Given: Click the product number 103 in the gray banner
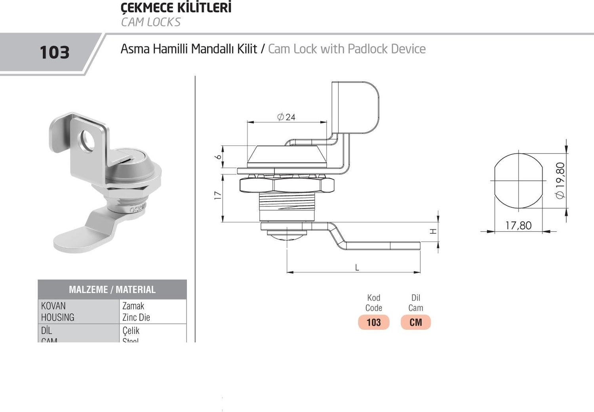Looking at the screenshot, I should pyautogui.click(x=55, y=52).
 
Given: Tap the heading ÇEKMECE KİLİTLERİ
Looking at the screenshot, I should pyautogui.click(x=176, y=8).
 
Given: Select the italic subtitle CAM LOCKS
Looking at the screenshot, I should pyautogui.click(x=150, y=22).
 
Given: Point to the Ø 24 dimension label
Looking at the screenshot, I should pyautogui.click(x=286, y=117).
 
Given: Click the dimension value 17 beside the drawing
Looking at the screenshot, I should pyautogui.click(x=217, y=195).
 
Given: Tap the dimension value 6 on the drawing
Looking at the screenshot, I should pyautogui.click(x=217, y=157).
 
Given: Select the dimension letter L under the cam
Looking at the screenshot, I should pyautogui.click(x=357, y=267).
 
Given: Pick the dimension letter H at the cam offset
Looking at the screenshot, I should pyautogui.click(x=433, y=231).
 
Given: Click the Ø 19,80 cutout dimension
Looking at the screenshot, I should pyautogui.click(x=560, y=181).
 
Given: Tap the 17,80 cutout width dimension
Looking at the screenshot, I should pyautogui.click(x=518, y=225).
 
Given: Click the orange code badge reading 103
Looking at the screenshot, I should pyautogui.click(x=373, y=322).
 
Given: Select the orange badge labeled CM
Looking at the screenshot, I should pyautogui.click(x=415, y=322).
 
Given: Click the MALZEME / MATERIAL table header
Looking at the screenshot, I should pyautogui.click(x=112, y=290).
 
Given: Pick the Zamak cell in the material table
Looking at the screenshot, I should pyautogui.click(x=133, y=306).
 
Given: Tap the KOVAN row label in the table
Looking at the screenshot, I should pyautogui.click(x=53, y=306).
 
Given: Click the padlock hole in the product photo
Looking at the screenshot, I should pyautogui.click(x=88, y=140).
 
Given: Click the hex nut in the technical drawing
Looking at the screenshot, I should pyautogui.click(x=287, y=185).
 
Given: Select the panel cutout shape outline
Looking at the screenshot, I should pyautogui.click(x=518, y=181).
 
